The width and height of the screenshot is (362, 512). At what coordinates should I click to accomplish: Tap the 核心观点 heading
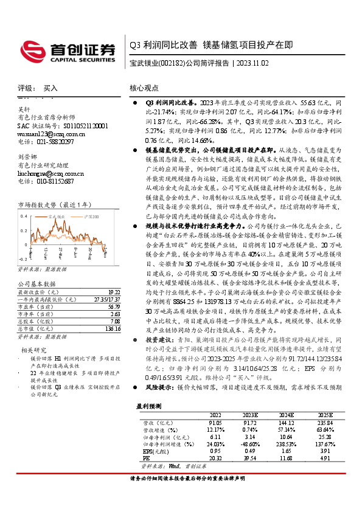pos(144,89)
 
